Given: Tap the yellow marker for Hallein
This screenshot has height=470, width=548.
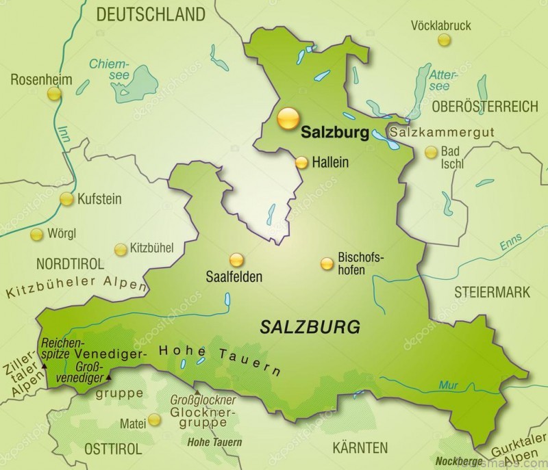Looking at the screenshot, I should point(302,162).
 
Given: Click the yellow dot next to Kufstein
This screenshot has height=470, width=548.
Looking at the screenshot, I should point(66,199).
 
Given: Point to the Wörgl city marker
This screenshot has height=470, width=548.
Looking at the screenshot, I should point(36,234).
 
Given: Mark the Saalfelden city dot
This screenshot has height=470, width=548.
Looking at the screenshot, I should point(237,260).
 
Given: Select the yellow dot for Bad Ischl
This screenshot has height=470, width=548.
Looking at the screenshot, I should point(431,153).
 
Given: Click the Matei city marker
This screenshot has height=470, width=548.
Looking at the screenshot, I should point(156,419).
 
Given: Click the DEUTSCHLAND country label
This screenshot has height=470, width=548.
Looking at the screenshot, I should point(151,14).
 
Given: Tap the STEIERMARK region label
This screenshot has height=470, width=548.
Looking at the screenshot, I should point(491,292).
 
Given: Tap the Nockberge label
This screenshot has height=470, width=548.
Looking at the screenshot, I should point(456,460).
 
